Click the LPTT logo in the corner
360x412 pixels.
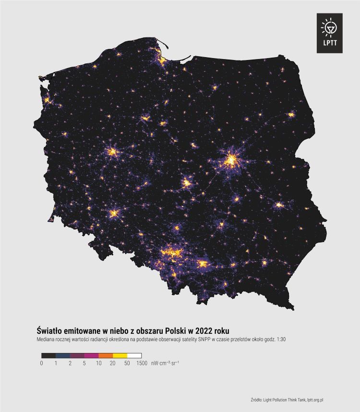tap(329, 33)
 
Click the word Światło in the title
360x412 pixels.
tap(51, 330)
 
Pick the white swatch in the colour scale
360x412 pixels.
tap(134, 355)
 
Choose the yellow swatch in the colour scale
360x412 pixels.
tap(120, 355)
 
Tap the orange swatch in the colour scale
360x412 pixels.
tap(106, 355)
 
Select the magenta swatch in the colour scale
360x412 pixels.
tap(91, 355)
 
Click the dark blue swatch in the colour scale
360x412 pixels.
tap(63, 355)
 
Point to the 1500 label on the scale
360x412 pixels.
tap(142, 364)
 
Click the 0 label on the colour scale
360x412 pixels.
tap(42, 364)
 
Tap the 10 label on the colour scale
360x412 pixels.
tap(98, 364)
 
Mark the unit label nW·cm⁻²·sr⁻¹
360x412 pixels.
tap(166, 364)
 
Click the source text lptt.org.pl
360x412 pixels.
tap(319, 400)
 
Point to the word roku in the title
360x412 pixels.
tap(221, 330)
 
